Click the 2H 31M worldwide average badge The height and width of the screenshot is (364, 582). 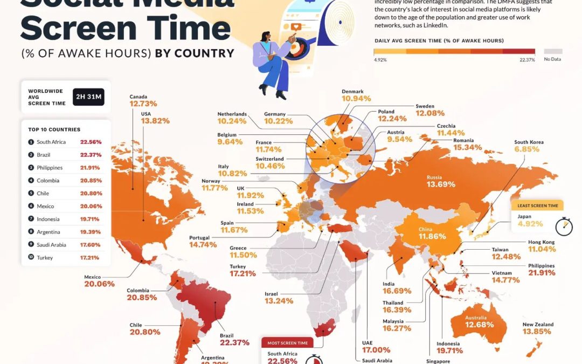pyautogui.click(x=88, y=97)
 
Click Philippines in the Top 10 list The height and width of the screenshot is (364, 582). pyautogui.click(x=50, y=168)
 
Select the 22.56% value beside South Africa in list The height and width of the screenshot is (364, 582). pyautogui.click(x=91, y=142)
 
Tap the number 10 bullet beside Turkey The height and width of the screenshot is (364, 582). pyautogui.click(x=31, y=258)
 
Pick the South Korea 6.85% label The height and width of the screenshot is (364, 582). pyautogui.click(x=528, y=146)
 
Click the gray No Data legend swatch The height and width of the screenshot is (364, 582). pyautogui.click(x=552, y=52)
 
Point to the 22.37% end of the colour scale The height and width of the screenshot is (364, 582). pyautogui.click(x=527, y=60)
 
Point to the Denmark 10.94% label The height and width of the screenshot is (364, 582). pyautogui.click(x=357, y=96)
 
